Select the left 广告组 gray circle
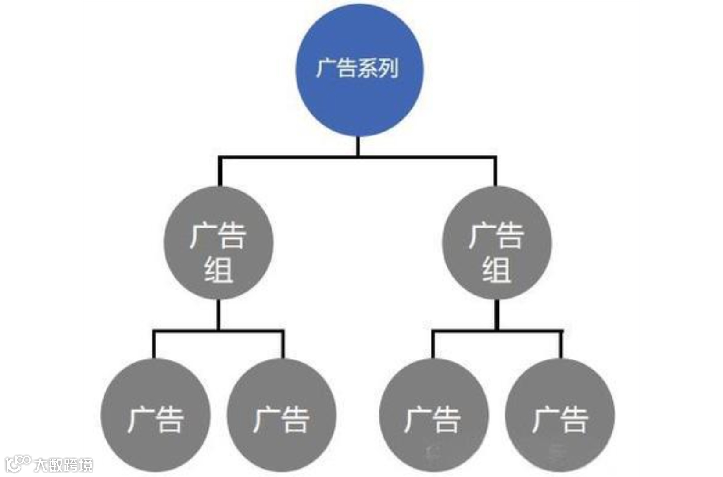pyautogui.click(x=218, y=243)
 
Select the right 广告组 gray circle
pyautogui.click(x=496, y=243)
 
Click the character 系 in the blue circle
pyautogui.click(x=368, y=69)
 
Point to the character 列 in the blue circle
pyautogui.click(x=388, y=69)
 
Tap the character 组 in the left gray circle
pyautogui.click(x=218, y=270)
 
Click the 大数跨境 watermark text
pyautogui.click(x=63, y=464)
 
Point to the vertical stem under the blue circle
pyautogui.click(x=358, y=146)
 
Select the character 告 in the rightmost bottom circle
pyautogui.click(x=573, y=420)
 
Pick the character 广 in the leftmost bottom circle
pyautogui.click(x=140, y=420)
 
